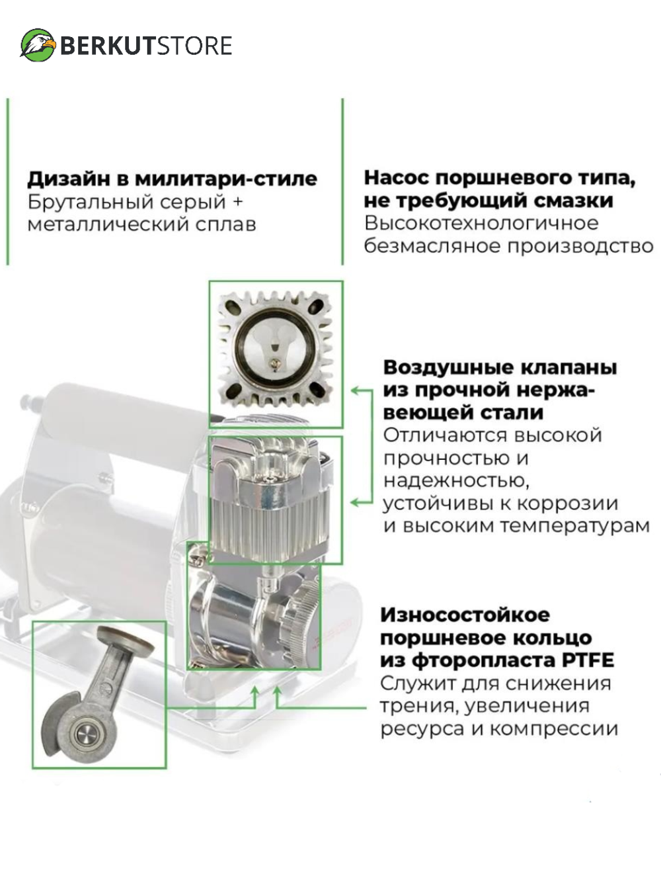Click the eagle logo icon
[38, 45]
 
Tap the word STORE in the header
[194, 46]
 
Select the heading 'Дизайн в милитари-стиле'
[172, 179]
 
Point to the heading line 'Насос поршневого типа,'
[499, 177]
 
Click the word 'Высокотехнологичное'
[481, 223]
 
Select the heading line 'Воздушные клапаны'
[500, 367]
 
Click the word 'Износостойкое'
[465, 615]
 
